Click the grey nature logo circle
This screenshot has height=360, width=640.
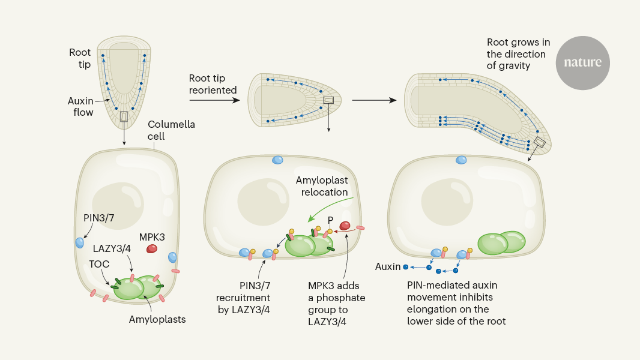point(582,63)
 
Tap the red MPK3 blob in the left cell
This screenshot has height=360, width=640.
point(152,248)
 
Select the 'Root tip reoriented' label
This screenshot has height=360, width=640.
point(213,84)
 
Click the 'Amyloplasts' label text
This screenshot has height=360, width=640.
point(157,319)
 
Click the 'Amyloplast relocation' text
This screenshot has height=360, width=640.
point(322,186)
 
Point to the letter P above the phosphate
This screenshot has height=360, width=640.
point(330,220)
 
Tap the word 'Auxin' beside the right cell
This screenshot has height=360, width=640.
point(387,266)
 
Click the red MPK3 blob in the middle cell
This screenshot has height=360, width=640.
point(346,226)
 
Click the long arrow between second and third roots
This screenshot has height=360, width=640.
point(374,100)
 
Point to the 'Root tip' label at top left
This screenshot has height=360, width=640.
point(80,58)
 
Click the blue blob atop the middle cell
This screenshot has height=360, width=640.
point(277,160)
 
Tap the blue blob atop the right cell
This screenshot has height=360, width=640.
point(461,160)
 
